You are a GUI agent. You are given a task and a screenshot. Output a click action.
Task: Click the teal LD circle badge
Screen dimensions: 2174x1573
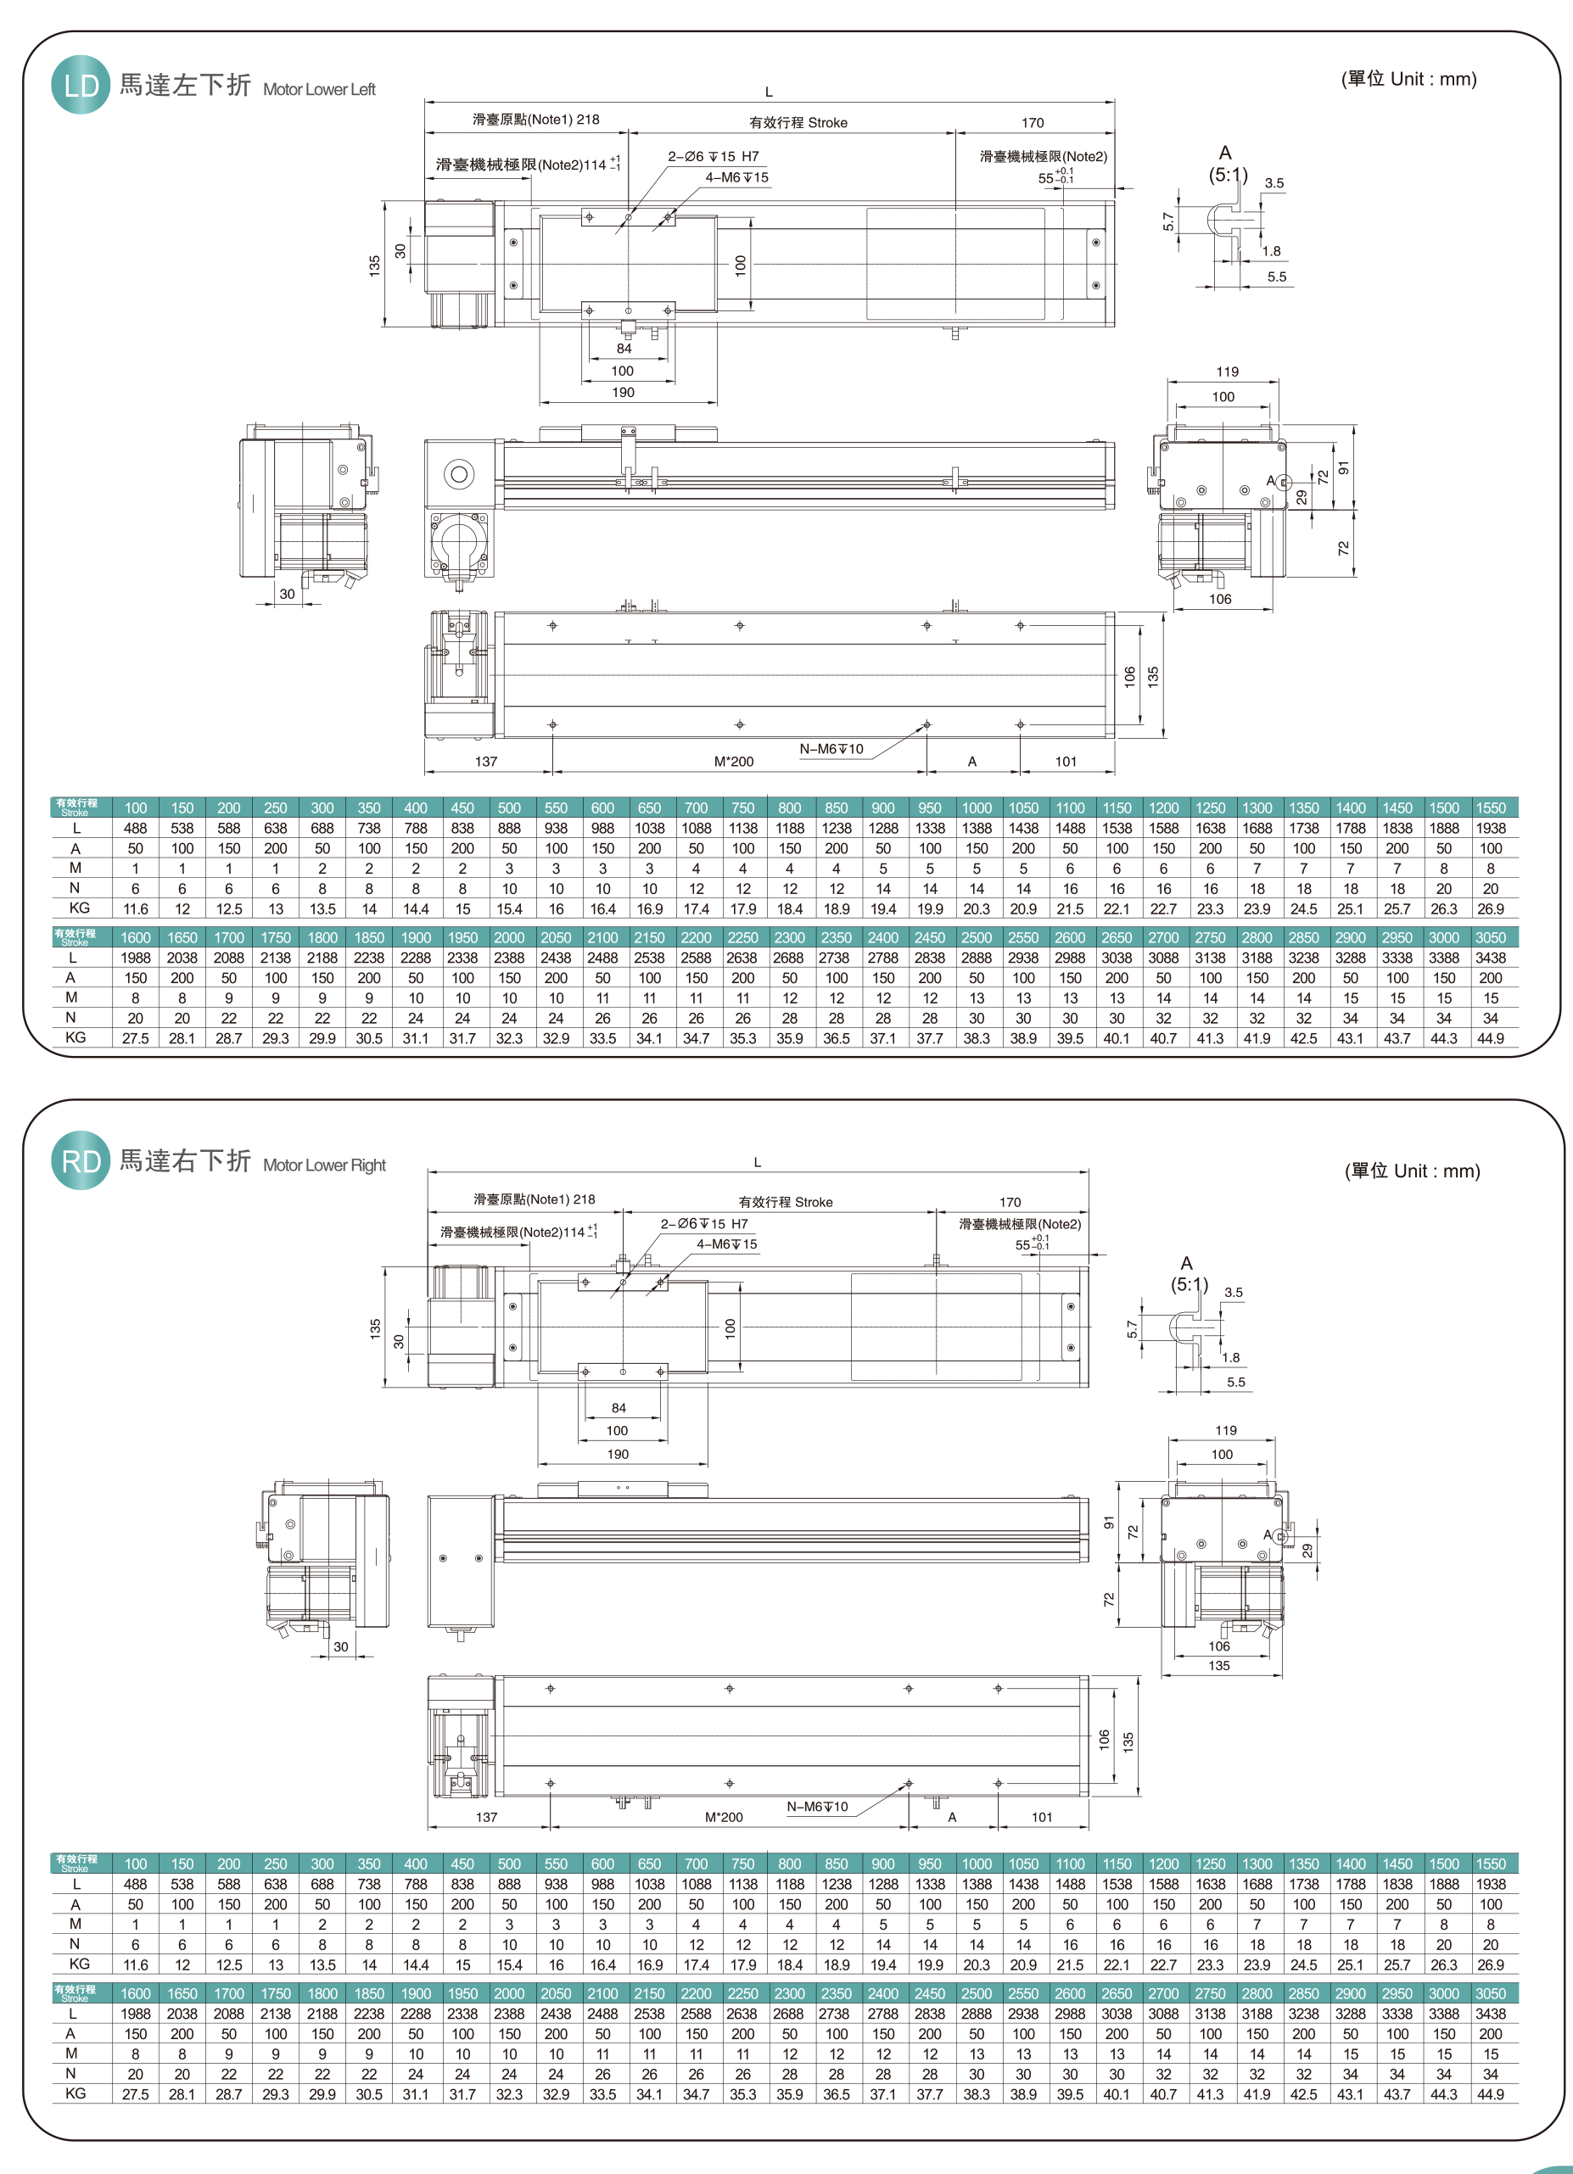tap(81, 86)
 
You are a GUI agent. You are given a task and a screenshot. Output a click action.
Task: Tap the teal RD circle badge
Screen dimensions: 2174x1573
tap(81, 1161)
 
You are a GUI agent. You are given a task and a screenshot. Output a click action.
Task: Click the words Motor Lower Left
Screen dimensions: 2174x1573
tap(319, 89)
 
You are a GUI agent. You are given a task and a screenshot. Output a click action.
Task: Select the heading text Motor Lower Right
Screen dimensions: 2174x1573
tap(324, 1165)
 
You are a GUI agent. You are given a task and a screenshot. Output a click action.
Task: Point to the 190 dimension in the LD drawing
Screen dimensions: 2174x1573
tap(623, 392)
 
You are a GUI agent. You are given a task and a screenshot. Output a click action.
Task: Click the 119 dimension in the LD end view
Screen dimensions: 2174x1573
tap(1227, 372)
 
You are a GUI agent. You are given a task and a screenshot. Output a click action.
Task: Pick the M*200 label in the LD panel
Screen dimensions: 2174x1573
tap(733, 761)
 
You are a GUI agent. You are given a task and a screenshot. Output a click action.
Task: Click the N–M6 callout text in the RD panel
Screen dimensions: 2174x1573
tap(817, 1806)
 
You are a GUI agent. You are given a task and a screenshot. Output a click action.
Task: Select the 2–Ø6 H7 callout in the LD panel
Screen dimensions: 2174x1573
tap(714, 156)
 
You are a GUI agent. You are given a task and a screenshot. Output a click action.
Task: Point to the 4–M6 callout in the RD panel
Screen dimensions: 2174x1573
tap(726, 1244)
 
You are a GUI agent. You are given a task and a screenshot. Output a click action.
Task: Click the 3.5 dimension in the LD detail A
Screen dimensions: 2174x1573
tap(1274, 183)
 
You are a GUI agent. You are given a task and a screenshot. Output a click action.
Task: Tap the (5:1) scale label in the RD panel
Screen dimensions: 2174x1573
tap(1189, 1283)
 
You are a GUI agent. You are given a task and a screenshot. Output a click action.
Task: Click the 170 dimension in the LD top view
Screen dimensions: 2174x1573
tap(1033, 123)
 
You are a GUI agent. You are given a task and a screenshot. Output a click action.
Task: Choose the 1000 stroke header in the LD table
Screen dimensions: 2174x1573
tap(976, 808)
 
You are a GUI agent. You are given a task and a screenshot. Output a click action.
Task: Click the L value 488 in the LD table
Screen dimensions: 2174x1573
tap(135, 828)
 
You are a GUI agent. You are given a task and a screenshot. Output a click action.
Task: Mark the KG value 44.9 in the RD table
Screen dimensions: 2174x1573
tap(1490, 2094)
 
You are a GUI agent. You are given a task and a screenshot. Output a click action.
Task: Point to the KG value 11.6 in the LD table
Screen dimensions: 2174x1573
tap(135, 908)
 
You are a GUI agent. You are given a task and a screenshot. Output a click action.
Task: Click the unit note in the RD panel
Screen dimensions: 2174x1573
tap(1412, 1171)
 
